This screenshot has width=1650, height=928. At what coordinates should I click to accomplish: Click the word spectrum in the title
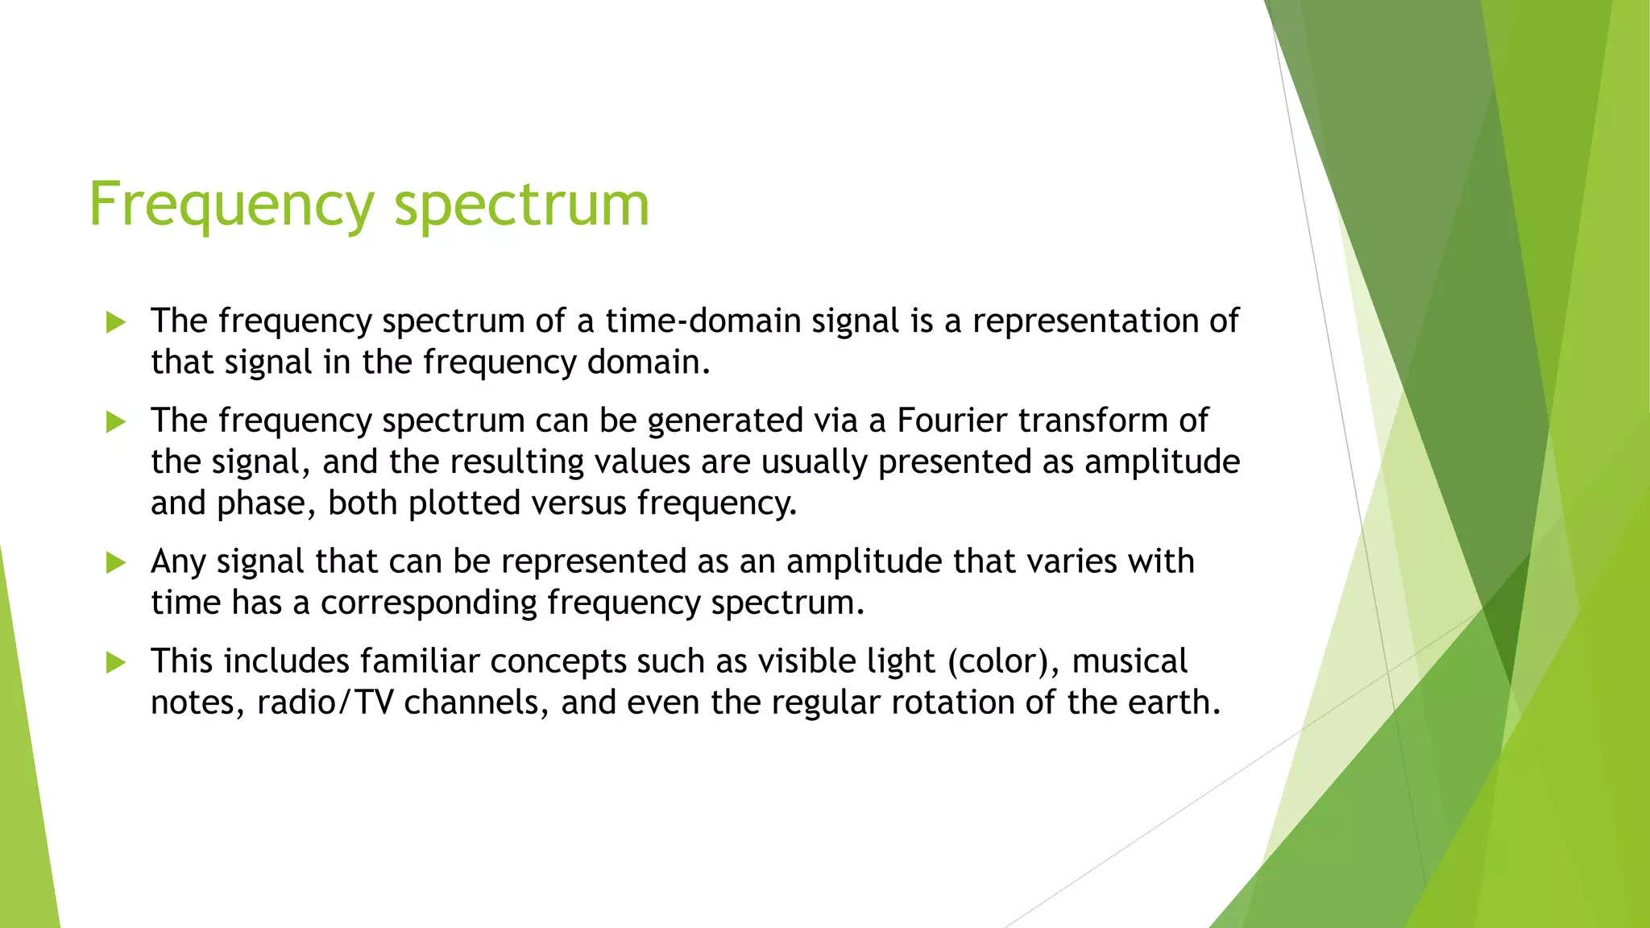521,205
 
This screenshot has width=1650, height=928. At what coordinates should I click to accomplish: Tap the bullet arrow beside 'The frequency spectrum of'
116,323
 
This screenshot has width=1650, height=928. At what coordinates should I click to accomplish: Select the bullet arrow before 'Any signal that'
116,563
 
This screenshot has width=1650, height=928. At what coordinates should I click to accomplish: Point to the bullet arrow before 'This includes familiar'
116,663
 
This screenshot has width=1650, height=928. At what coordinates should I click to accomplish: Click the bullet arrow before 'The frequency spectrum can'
116,422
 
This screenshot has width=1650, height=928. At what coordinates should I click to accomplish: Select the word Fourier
951,420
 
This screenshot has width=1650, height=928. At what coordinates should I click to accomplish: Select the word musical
1130,662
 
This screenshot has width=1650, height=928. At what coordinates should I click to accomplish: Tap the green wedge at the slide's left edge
24,806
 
